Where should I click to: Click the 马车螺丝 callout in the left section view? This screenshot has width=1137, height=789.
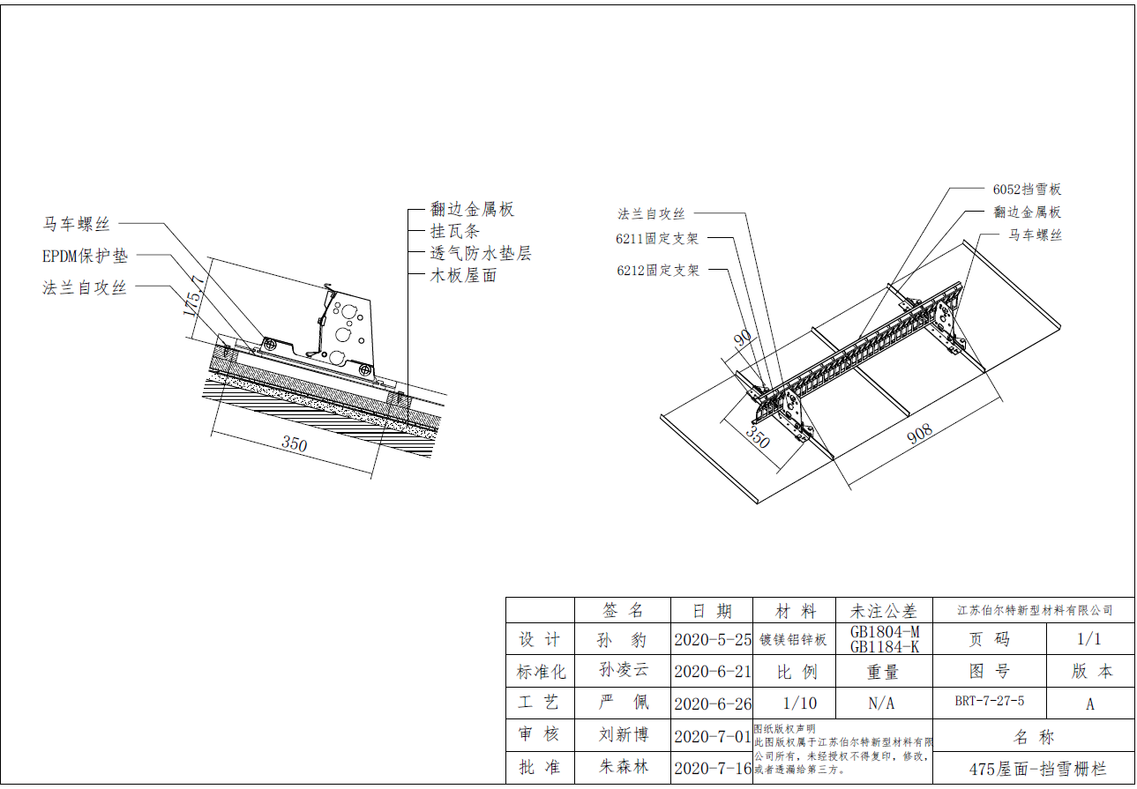tap(78, 224)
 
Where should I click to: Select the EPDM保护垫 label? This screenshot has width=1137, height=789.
tap(85, 257)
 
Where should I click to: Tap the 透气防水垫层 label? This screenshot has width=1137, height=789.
tap(481, 253)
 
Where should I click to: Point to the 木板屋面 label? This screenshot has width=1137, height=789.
tap(463, 275)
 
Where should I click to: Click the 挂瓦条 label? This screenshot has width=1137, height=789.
tap(454, 231)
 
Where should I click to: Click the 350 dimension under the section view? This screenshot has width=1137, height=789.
tap(295, 444)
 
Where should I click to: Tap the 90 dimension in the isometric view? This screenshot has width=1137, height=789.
tap(743, 339)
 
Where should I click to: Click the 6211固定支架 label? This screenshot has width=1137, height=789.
tap(657, 238)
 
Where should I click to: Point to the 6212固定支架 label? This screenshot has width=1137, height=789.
tap(657, 270)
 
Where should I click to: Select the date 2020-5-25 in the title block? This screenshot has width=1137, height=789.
tap(712, 639)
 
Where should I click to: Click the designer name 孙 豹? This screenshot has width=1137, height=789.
tap(623, 639)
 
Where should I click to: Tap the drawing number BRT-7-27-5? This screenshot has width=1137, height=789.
tap(989, 702)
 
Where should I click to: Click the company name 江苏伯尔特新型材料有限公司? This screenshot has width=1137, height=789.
tap(1035, 610)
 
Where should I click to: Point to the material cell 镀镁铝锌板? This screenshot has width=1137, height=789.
tap(793, 639)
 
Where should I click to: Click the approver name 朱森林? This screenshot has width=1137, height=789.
tap(623, 766)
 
